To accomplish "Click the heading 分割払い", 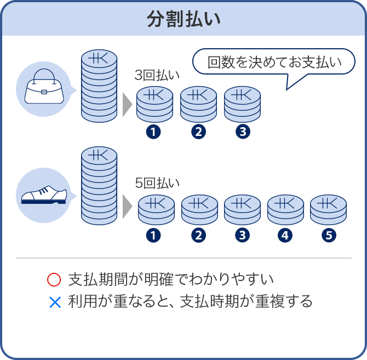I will [184, 19].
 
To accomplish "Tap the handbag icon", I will [44, 88].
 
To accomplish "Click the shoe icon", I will [44, 195].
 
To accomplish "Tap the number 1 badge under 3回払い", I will [154, 132].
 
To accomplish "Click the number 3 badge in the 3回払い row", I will [242, 132].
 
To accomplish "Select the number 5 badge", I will [328, 236].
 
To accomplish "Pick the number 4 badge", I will [285, 236].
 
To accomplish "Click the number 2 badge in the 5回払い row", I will [198, 236].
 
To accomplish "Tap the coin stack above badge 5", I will [328, 209].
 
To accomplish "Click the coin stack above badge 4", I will [285, 209].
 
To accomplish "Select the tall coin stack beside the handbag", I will [99, 86].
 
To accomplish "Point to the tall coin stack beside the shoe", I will [99, 186].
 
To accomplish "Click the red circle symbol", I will [54, 280].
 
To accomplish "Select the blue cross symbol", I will [54, 301].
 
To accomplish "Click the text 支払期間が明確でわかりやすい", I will [170, 280].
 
